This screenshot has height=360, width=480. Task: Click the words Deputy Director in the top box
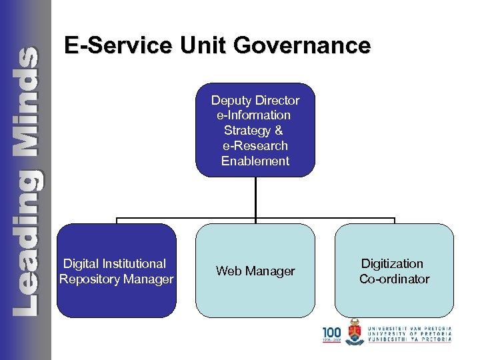255,101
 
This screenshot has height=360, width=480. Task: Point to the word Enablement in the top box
255,161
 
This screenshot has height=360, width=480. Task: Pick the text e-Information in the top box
254,115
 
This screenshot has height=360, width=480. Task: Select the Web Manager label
255,271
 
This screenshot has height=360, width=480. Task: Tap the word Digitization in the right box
392,263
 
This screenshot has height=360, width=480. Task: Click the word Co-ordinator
394,279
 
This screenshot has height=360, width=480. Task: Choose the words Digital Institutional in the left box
114,263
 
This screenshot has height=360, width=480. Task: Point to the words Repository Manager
116,279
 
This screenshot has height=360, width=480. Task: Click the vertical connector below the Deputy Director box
255,197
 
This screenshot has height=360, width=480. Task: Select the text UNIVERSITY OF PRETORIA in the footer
409,334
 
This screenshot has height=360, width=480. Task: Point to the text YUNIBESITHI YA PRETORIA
409,339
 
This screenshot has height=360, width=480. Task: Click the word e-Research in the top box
255,145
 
